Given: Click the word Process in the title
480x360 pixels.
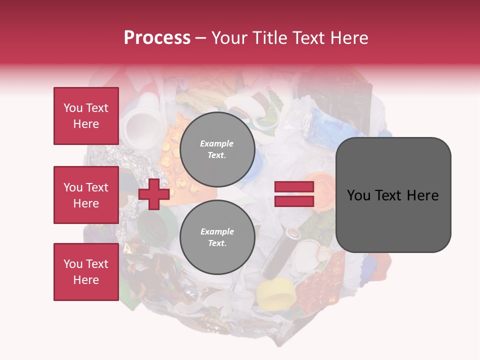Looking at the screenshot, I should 157,38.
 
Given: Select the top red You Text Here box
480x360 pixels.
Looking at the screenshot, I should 86,116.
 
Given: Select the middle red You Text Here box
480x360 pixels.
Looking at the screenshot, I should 86,195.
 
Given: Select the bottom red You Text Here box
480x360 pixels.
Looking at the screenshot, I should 86,271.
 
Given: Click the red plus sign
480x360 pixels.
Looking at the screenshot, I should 154,194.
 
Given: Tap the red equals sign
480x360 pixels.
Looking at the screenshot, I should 294,194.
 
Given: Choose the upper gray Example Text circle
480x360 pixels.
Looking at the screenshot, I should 217,149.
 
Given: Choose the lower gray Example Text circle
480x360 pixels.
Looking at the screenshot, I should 217,237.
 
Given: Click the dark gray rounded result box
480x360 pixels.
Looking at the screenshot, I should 393,195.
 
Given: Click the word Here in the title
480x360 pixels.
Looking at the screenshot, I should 349,38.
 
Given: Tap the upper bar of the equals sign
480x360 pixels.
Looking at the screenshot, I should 294,187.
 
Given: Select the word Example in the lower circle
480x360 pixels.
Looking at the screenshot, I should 217,231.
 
